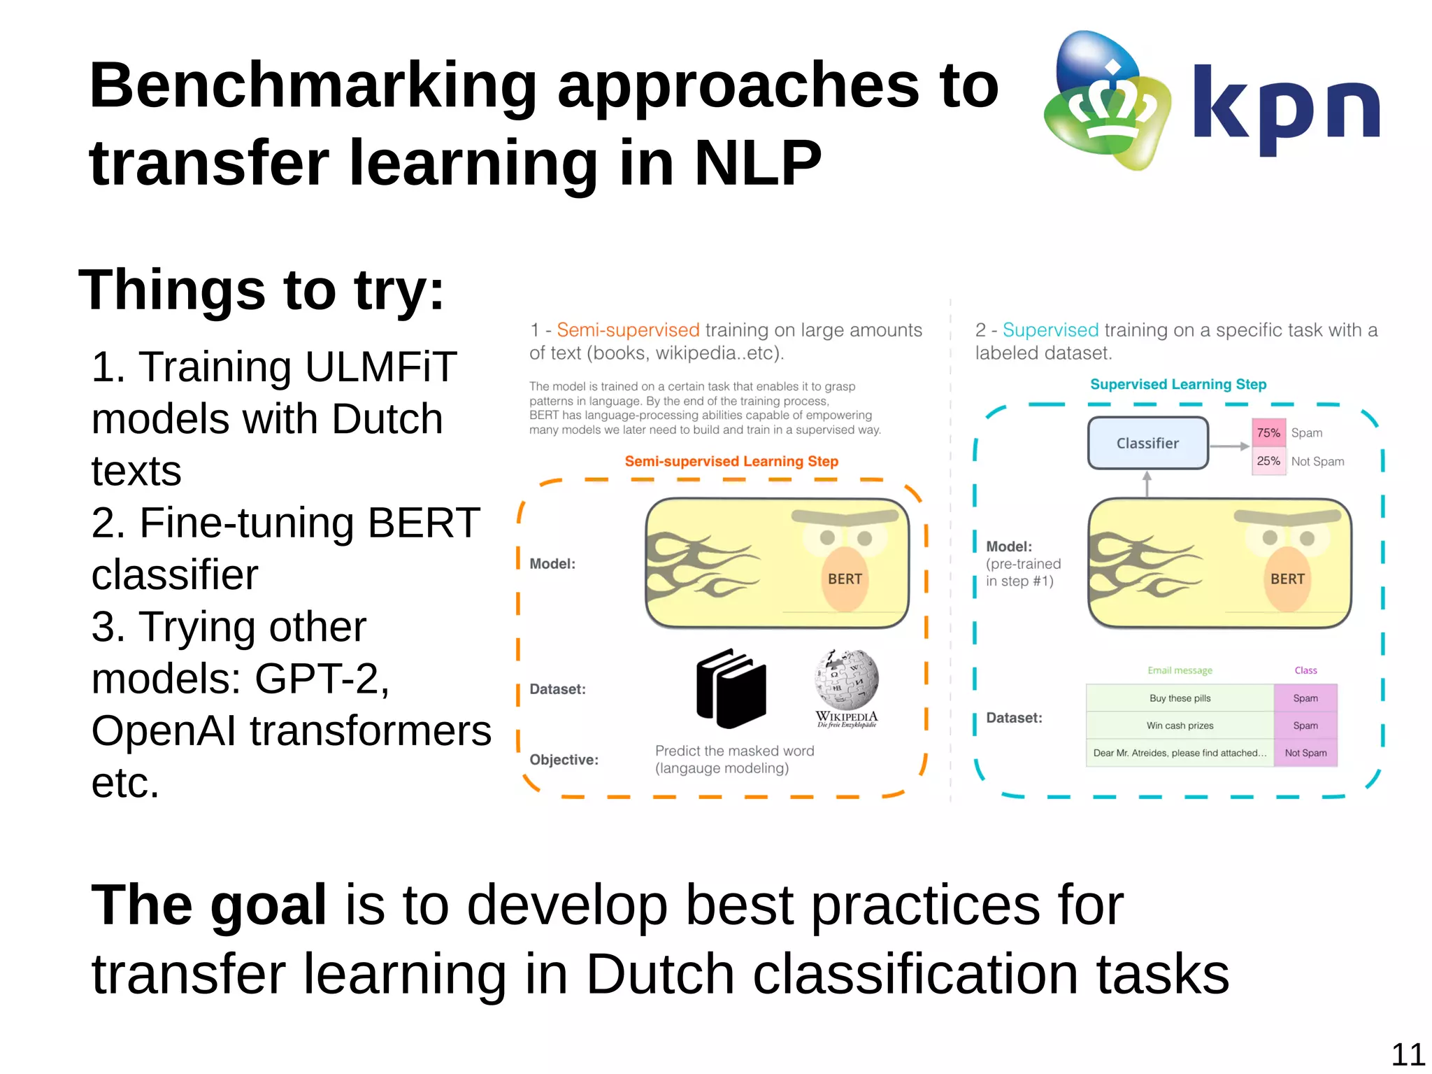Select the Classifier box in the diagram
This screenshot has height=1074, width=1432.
tap(1147, 443)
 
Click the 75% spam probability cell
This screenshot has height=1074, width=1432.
tap(1268, 433)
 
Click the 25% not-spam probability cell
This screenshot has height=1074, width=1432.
tap(1268, 461)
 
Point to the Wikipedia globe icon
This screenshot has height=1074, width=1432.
tap(846, 679)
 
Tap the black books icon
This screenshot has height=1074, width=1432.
tap(731, 688)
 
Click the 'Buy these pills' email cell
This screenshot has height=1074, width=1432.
tap(1180, 698)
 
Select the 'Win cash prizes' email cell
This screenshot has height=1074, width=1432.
tap(1180, 726)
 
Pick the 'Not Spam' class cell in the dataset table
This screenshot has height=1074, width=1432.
tap(1305, 753)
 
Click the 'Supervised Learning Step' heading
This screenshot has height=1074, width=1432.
tap(1178, 384)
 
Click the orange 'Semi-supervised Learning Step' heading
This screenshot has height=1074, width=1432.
tap(731, 461)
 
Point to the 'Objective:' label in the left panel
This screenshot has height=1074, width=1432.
tap(564, 760)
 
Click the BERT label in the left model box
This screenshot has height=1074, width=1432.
tap(845, 579)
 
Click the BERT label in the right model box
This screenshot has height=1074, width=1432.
tap(1287, 579)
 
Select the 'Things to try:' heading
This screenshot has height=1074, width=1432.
tap(262, 290)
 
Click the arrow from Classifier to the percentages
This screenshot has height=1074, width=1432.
tap(1229, 446)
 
